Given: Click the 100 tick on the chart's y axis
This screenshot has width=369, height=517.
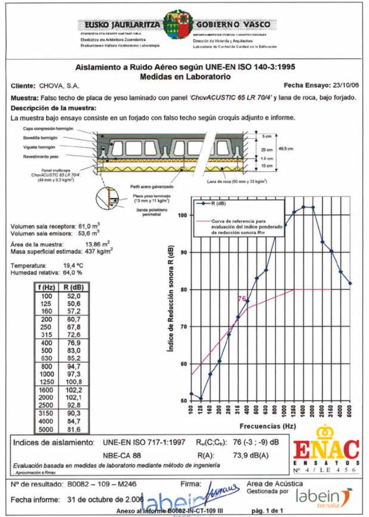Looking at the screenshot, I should [182, 215].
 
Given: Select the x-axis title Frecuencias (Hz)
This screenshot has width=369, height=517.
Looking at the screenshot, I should [268, 426].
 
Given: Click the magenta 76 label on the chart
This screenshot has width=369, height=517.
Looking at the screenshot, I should [242, 299].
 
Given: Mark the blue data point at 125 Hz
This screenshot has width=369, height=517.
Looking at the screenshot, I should [201, 398].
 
